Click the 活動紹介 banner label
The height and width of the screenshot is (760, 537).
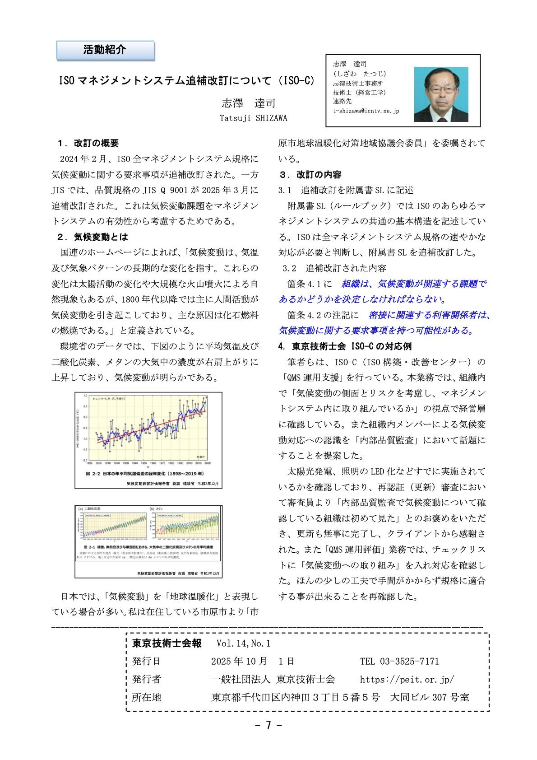pyautogui.click(x=105, y=50)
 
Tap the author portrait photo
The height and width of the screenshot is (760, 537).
pyautogui.click(x=441, y=94)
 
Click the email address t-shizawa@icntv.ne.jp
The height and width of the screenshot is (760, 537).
pyautogui.click(x=366, y=111)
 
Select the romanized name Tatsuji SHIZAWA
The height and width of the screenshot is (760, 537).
pyautogui.click(x=253, y=118)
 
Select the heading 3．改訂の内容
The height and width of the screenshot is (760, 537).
pyautogui.click(x=310, y=174)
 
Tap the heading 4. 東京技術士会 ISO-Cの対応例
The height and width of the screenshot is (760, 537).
pyautogui.click(x=345, y=346)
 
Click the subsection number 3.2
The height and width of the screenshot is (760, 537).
pyautogui.click(x=289, y=268)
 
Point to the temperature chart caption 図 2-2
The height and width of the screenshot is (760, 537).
pyautogui.click(x=145, y=474)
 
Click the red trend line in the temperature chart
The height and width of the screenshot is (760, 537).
pyautogui.click(x=149, y=427)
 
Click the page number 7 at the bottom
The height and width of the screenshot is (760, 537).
pyautogui.click(x=268, y=725)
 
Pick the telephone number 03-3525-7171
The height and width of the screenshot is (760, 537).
pyautogui.click(x=409, y=662)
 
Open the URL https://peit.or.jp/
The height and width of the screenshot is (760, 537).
pyautogui.click(x=407, y=679)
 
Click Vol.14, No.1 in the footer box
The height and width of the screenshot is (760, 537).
pyautogui.click(x=243, y=643)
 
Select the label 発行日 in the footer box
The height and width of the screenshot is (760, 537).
pyautogui.click(x=146, y=662)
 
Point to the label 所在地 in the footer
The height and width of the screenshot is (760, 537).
pyautogui.click(x=146, y=697)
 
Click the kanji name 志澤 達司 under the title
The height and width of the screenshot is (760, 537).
pyautogui.click(x=249, y=103)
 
